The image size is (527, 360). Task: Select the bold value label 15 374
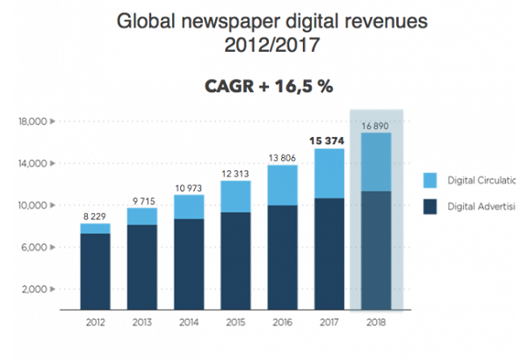[327, 140]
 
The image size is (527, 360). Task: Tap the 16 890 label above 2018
[376, 125]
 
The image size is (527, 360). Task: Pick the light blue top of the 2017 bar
[328, 173]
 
